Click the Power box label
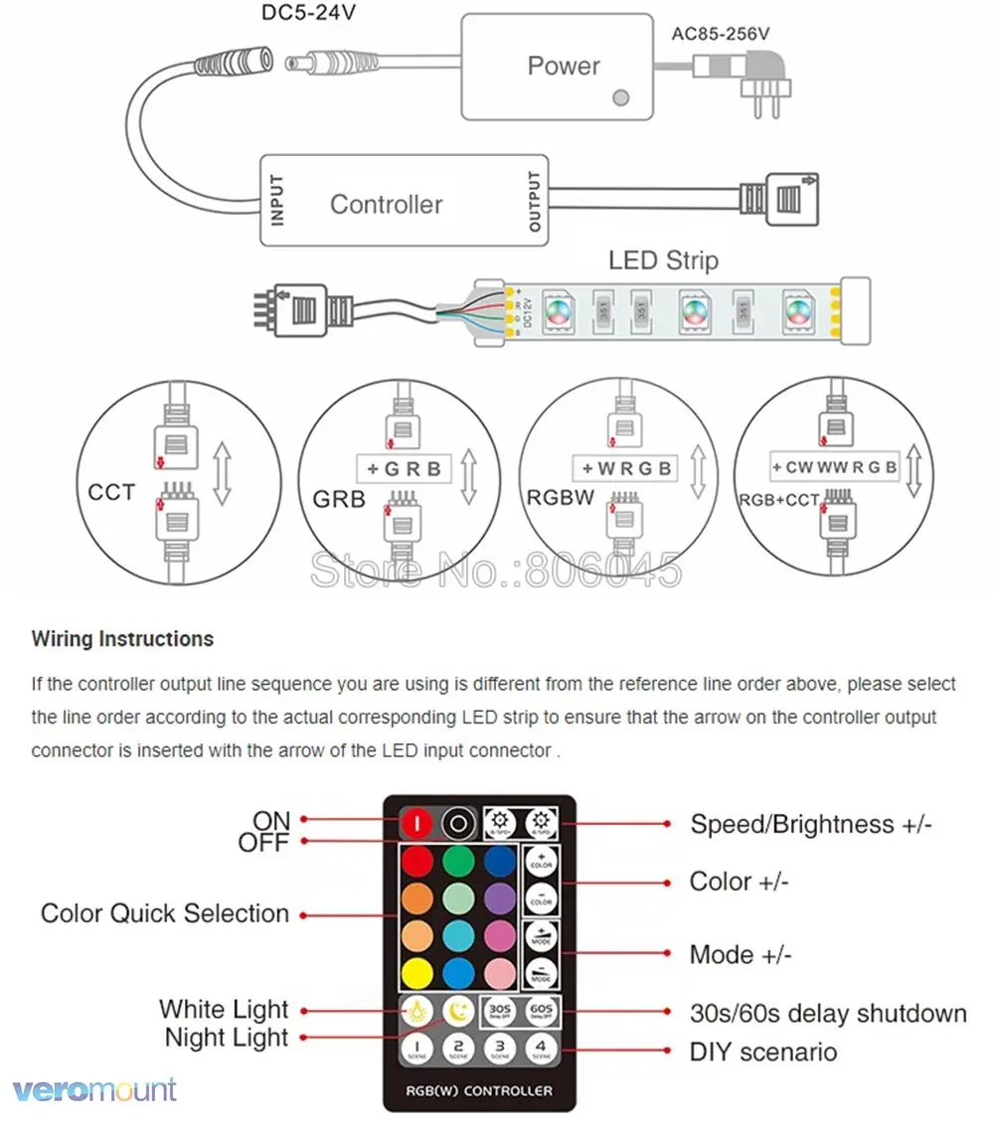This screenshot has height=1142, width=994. (564, 67)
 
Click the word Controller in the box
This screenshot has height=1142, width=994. (386, 205)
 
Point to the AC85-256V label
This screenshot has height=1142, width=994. (721, 33)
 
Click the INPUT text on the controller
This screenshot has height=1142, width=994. (277, 199)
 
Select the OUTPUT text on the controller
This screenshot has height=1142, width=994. (535, 202)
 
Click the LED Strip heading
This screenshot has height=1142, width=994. (663, 261)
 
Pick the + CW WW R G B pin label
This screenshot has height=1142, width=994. (834, 466)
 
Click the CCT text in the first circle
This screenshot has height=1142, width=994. (111, 492)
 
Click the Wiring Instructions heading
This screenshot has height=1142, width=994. (122, 639)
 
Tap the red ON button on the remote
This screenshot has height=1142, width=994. (416, 823)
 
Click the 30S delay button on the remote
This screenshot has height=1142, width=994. (500, 1011)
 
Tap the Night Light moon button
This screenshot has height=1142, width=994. (458, 1011)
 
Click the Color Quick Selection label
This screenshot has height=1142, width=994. (165, 913)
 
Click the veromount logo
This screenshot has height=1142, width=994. (95, 1089)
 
